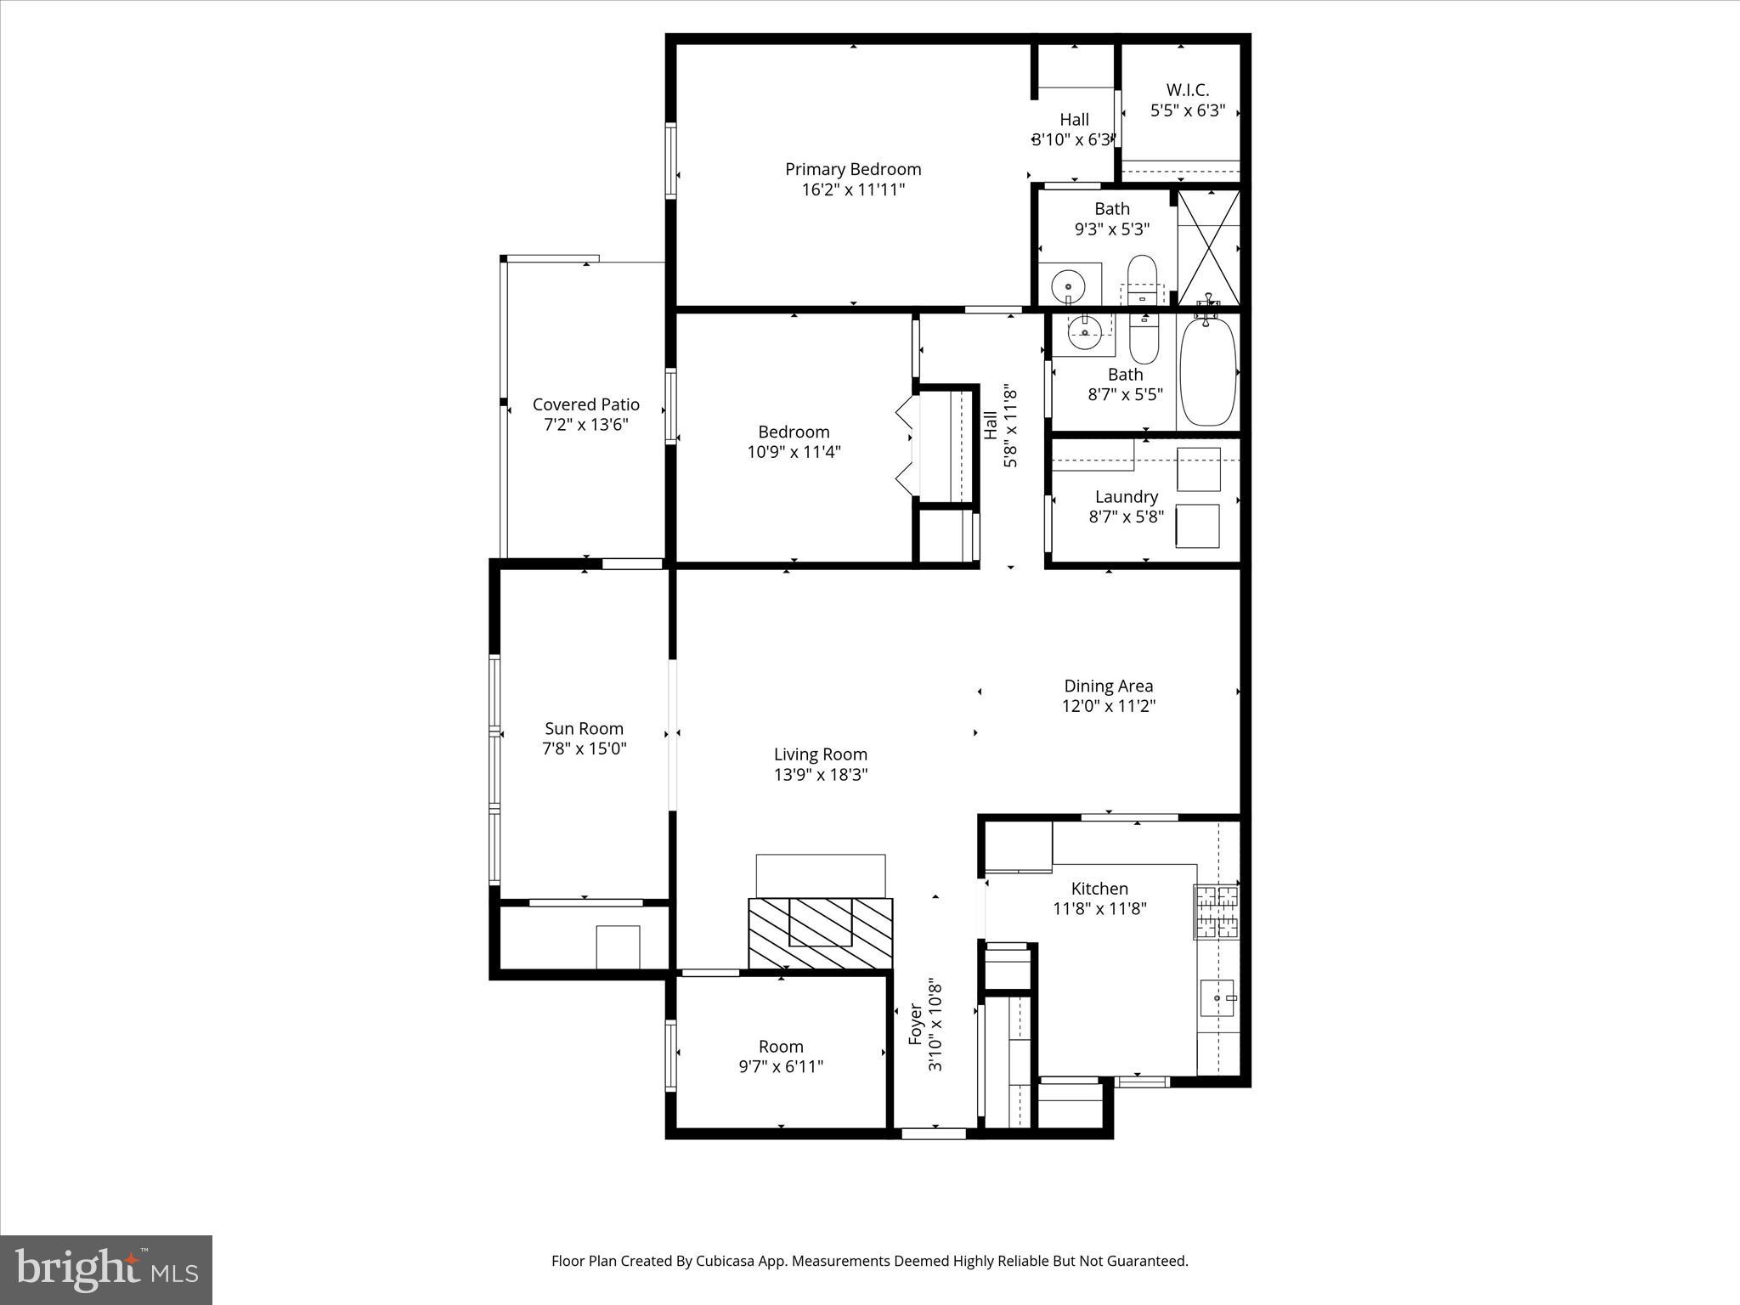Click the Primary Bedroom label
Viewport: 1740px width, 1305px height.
(x=853, y=169)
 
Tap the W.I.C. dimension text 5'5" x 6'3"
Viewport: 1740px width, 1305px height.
(x=1187, y=110)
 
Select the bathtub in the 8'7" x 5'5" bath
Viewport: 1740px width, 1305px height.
(x=1208, y=371)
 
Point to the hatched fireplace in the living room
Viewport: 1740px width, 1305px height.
(x=820, y=933)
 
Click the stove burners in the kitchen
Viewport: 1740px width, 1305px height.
(x=1216, y=912)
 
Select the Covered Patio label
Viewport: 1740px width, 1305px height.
(x=585, y=404)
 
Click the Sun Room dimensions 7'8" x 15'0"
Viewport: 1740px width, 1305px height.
(x=585, y=749)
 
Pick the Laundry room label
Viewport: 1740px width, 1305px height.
(x=1126, y=497)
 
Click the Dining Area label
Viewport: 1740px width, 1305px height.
(x=1108, y=686)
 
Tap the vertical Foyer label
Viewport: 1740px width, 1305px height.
(x=916, y=1024)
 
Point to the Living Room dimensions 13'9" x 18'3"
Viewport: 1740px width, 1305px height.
(x=820, y=775)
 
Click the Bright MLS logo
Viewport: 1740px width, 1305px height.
(x=106, y=1269)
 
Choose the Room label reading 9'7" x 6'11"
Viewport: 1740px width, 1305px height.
(x=781, y=1047)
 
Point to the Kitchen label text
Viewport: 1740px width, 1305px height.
(x=1099, y=889)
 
